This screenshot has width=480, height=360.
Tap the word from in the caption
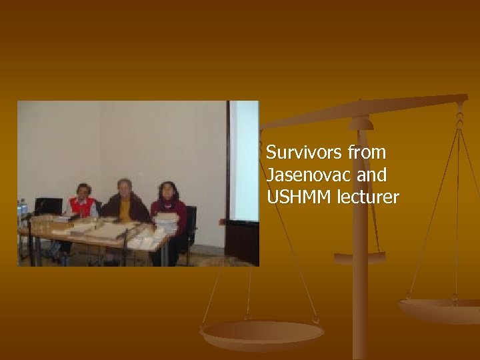[x=367, y=153]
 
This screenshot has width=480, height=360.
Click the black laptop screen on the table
[x=48, y=206]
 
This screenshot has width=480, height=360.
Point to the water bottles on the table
[x=22, y=210]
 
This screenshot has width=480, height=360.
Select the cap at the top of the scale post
[x=360, y=123]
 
